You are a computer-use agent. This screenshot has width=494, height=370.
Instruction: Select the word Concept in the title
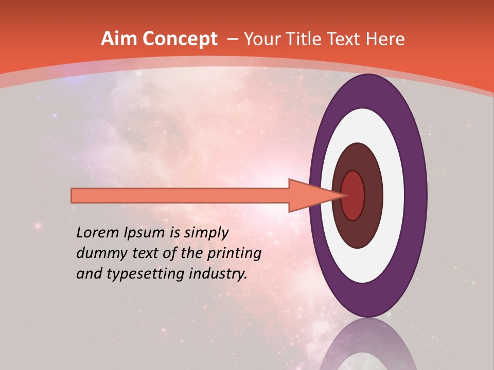pyautogui.click(x=180, y=39)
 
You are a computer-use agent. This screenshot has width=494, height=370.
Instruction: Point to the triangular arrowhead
pyautogui.click(x=309, y=195)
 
